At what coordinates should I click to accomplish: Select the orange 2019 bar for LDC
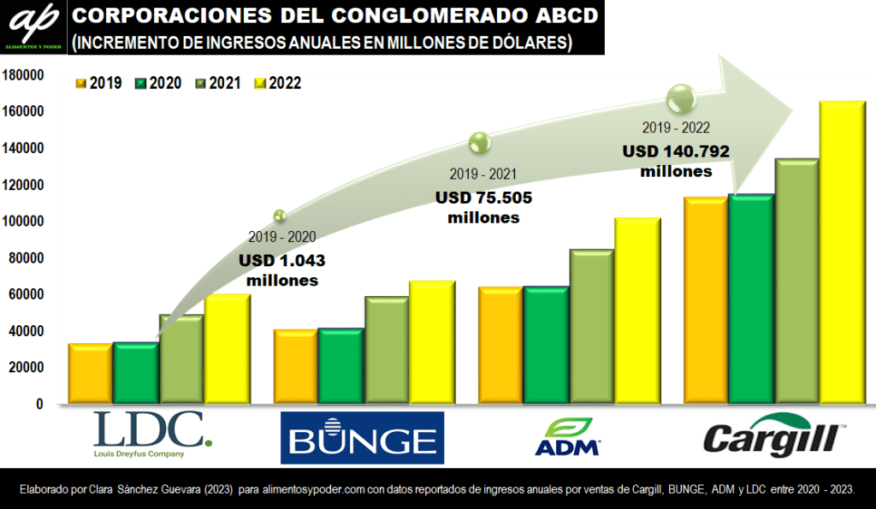[x=90, y=374]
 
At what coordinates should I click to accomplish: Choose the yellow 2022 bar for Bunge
[x=431, y=342]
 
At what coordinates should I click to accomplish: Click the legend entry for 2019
[x=99, y=83]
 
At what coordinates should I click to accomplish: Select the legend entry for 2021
[x=219, y=83]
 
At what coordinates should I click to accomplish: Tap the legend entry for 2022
[x=279, y=83]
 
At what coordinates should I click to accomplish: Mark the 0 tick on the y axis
[x=38, y=404]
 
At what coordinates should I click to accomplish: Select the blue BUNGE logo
[x=362, y=437]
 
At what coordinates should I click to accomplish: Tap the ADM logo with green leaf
[x=567, y=437]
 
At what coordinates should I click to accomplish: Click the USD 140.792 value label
[x=676, y=152]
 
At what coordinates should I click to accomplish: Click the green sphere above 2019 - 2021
[x=479, y=142]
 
